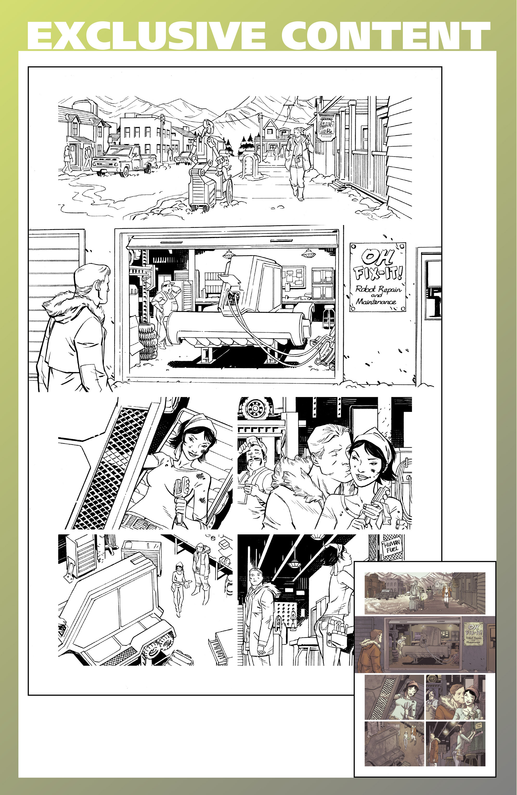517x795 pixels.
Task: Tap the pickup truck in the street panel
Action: [x=124, y=160]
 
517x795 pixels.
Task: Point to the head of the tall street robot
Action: [x=208, y=126]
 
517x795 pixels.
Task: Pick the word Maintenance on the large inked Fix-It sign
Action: [x=376, y=301]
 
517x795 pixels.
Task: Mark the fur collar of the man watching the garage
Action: [x=60, y=306]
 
